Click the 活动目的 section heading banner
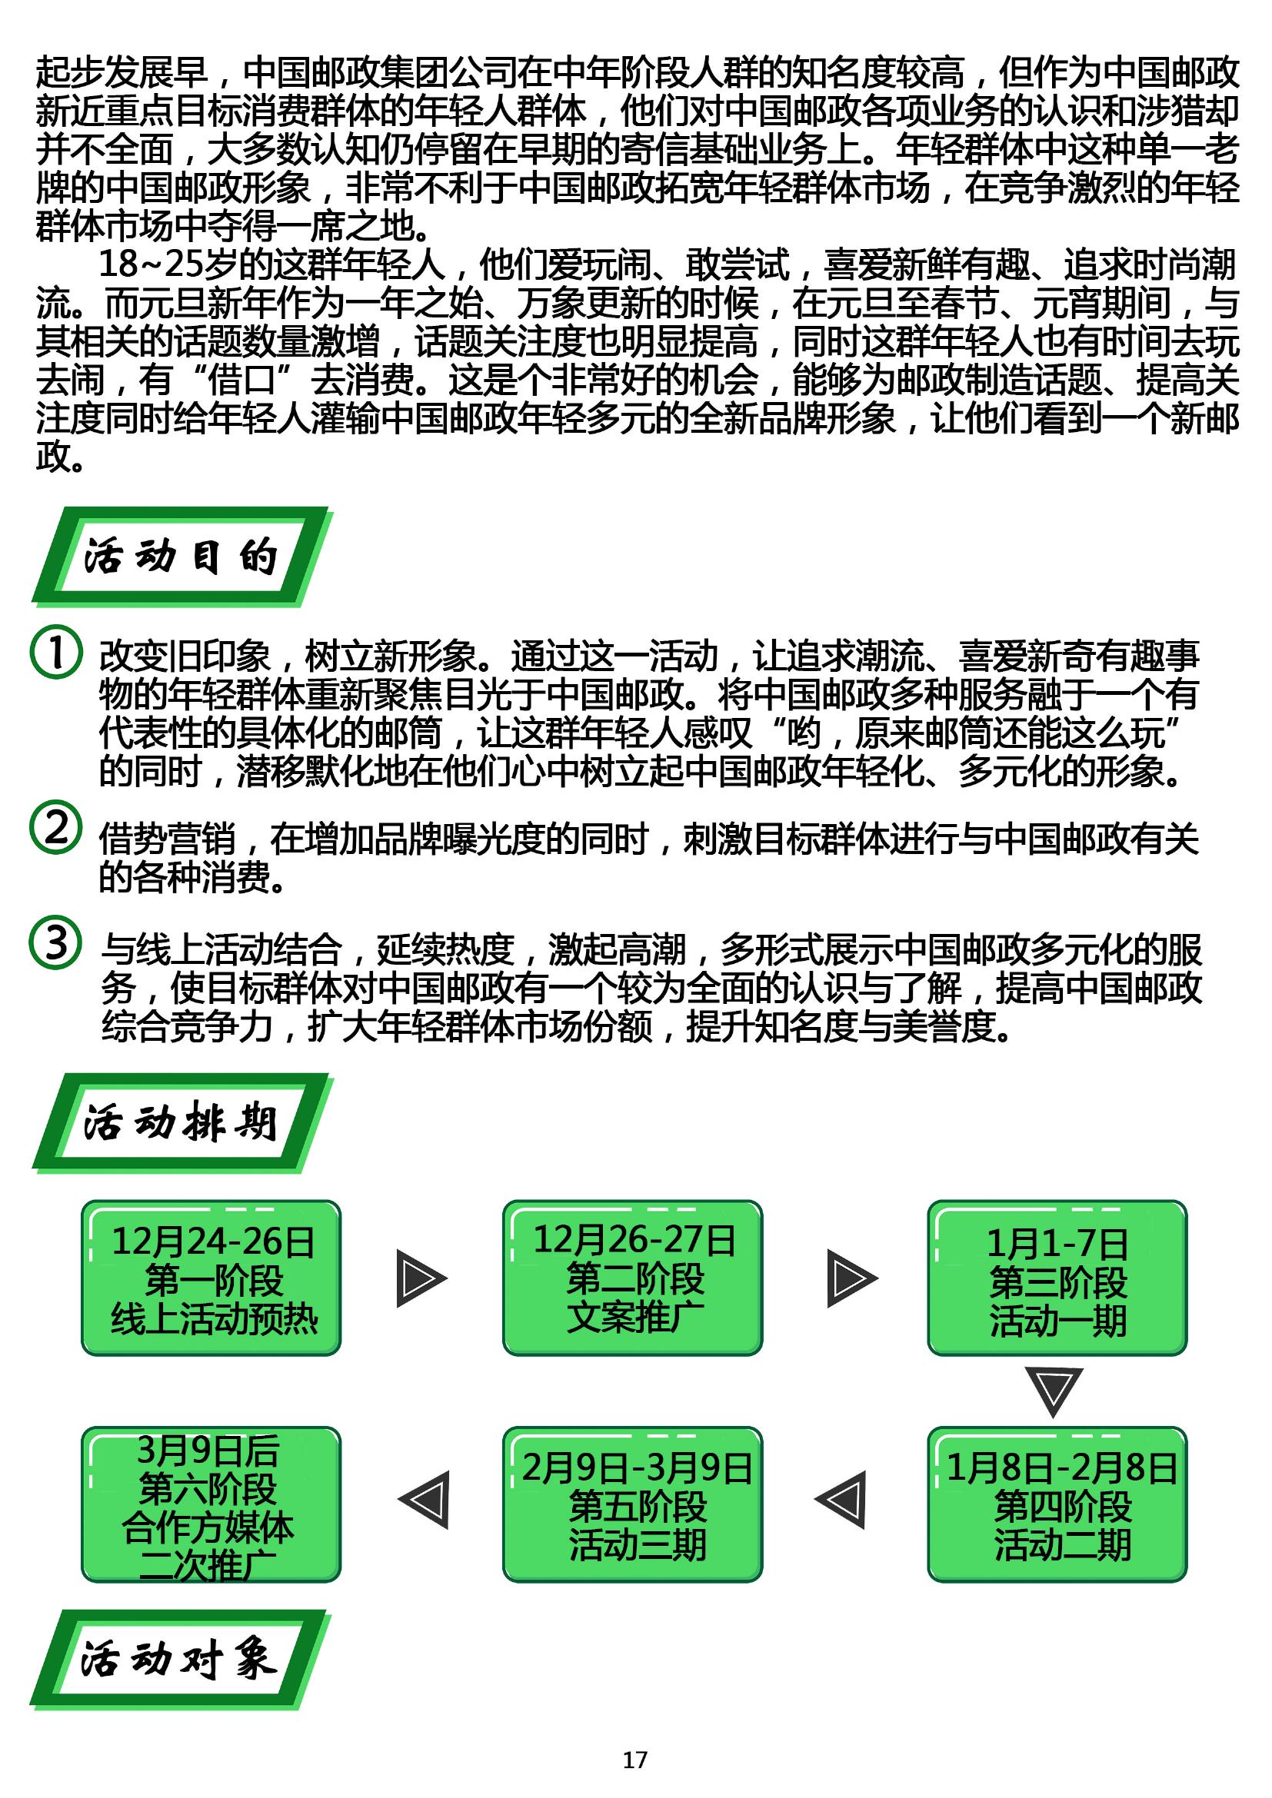(x=181, y=556)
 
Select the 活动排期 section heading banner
(x=181, y=1122)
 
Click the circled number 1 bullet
(x=55, y=653)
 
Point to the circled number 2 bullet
(x=55, y=827)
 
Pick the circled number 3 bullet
(x=55, y=942)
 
